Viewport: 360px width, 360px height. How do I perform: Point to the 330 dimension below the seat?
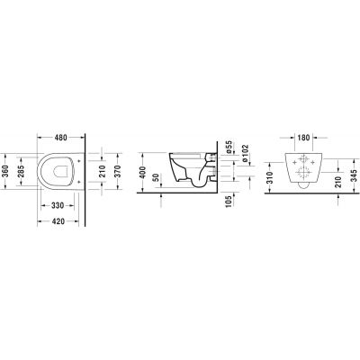pyautogui.click(x=57, y=206)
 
